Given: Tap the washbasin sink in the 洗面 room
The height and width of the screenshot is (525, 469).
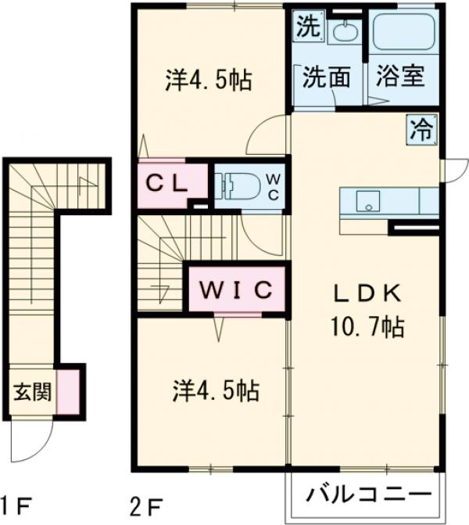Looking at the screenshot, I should pos(344,32).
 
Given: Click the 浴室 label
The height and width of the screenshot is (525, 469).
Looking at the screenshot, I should pos(399,77).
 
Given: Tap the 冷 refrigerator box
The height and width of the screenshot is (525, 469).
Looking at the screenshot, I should pos(421,128).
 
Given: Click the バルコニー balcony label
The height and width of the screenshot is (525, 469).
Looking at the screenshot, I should pos(368,495).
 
